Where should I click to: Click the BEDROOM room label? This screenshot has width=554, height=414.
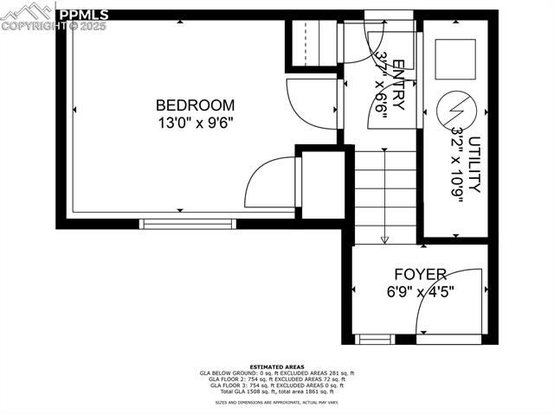coord(195,105)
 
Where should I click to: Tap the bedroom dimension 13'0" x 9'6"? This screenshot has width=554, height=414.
coord(195,123)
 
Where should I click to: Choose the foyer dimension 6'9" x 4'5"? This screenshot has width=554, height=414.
coord(420,291)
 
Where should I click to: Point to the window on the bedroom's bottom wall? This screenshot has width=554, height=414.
coord(188,224)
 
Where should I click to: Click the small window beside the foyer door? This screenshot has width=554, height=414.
coord(375,339)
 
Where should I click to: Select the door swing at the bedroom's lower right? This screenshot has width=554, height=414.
coord(269,182)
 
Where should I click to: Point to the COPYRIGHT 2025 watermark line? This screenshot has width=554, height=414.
coord(54,26)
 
